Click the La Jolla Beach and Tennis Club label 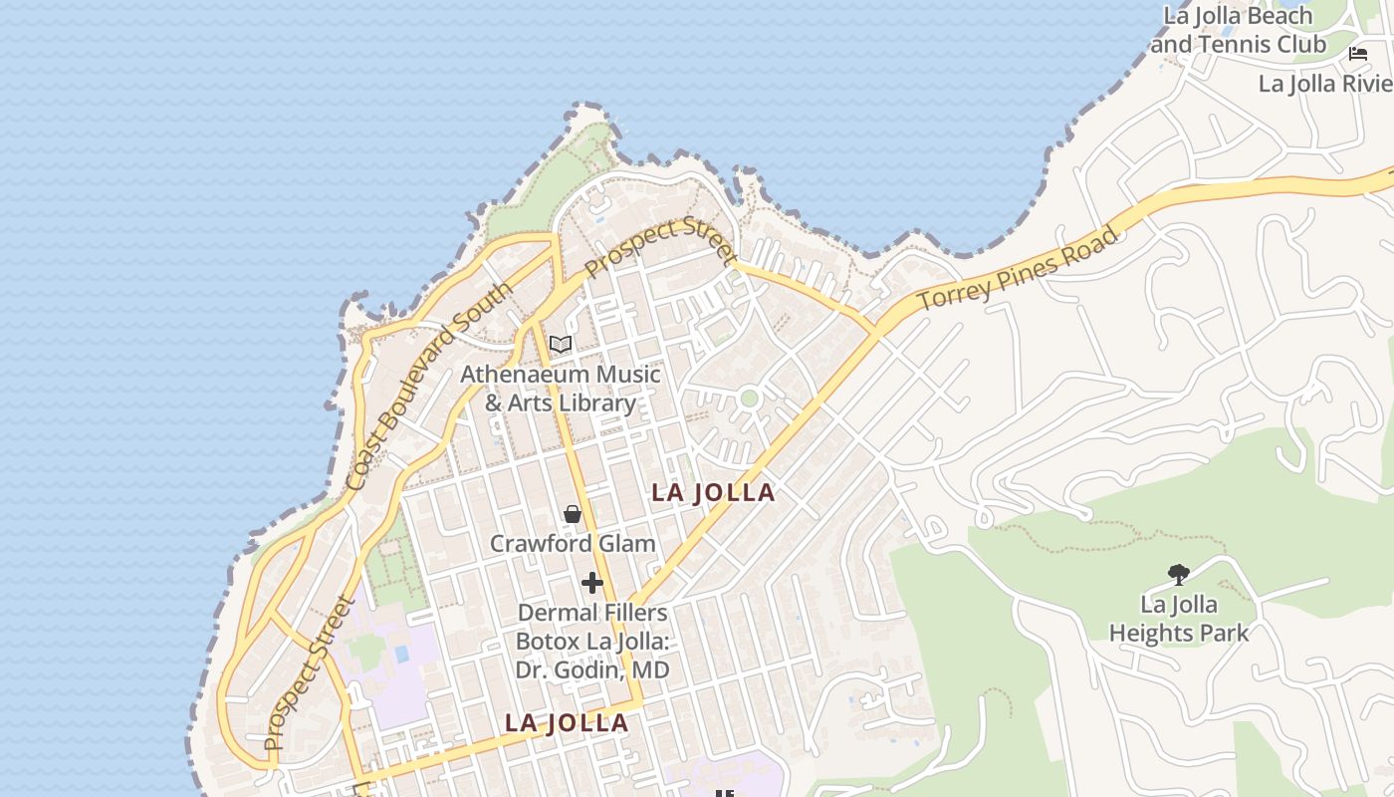(1239, 30)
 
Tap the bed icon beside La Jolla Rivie (1358, 54)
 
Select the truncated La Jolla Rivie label (1325, 83)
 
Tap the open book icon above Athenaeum (561, 345)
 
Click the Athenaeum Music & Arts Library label (560, 389)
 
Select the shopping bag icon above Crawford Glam (573, 514)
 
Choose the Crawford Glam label (573, 543)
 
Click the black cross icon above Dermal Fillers (592, 583)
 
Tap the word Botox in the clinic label (548, 641)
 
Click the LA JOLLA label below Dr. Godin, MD (567, 723)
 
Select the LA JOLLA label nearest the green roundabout (713, 492)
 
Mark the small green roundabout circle (750, 398)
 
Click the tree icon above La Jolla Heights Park (1179, 574)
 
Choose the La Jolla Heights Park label (1179, 619)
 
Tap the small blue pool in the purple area (401, 655)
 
